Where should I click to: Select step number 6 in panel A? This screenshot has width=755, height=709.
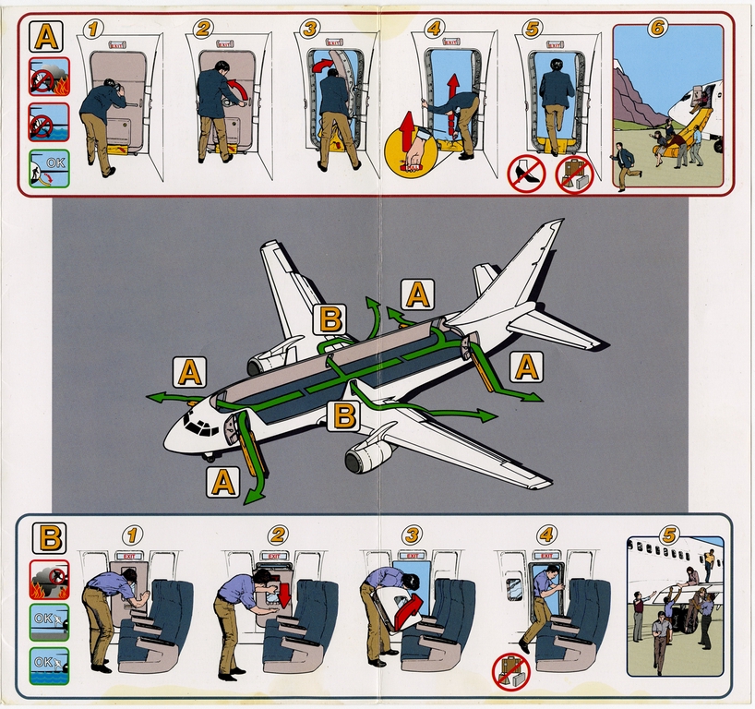pyautogui.click(x=657, y=29)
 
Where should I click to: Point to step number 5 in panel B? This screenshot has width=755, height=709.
pyautogui.click(x=669, y=535)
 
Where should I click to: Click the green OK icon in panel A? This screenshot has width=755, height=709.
pyautogui.click(x=49, y=169)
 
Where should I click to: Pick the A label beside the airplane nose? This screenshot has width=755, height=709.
pyautogui.click(x=189, y=372)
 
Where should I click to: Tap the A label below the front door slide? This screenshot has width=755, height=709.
pyautogui.click(x=223, y=481)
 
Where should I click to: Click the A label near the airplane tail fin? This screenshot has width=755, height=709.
pyautogui.click(x=417, y=294)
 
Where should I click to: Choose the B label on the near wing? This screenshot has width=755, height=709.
pyautogui.click(x=344, y=415)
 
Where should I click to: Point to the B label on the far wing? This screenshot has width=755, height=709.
pyautogui.click(x=330, y=319)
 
